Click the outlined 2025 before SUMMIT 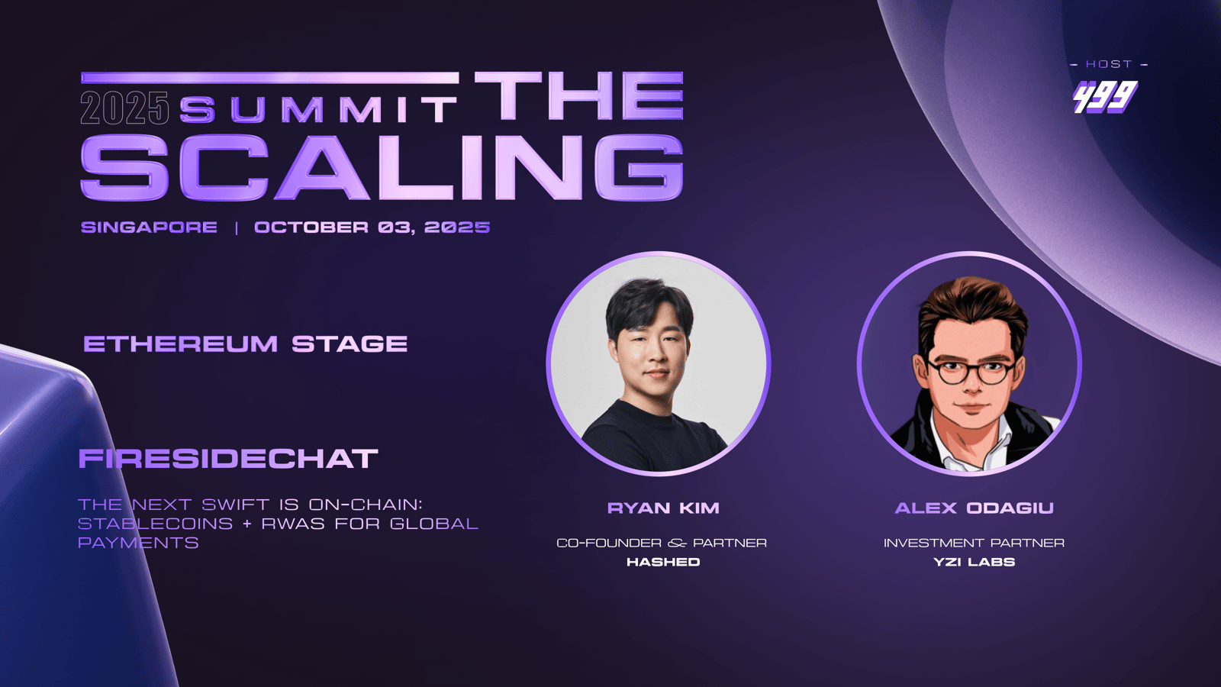pyautogui.click(x=125, y=108)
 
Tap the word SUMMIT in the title pyautogui.click(x=318, y=109)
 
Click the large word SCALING pyautogui.click(x=382, y=167)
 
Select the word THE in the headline pyautogui.click(x=579, y=95)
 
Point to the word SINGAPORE pyautogui.click(x=149, y=227)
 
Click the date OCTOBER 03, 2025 pyautogui.click(x=372, y=227)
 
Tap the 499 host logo pyautogui.click(x=1106, y=97)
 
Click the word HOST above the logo pyautogui.click(x=1110, y=64)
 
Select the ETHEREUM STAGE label pyautogui.click(x=245, y=344)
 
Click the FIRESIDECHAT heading pyautogui.click(x=228, y=459)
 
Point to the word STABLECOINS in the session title pyautogui.click(x=156, y=524)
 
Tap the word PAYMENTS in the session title pyautogui.click(x=138, y=543)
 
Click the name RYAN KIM pyautogui.click(x=663, y=508)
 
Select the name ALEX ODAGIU pyautogui.click(x=974, y=508)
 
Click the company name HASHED pyautogui.click(x=663, y=562)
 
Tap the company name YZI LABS pyautogui.click(x=974, y=562)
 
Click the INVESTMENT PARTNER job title pyautogui.click(x=974, y=543)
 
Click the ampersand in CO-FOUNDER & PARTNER pyautogui.click(x=677, y=543)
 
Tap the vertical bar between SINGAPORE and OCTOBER pyautogui.click(x=236, y=227)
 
